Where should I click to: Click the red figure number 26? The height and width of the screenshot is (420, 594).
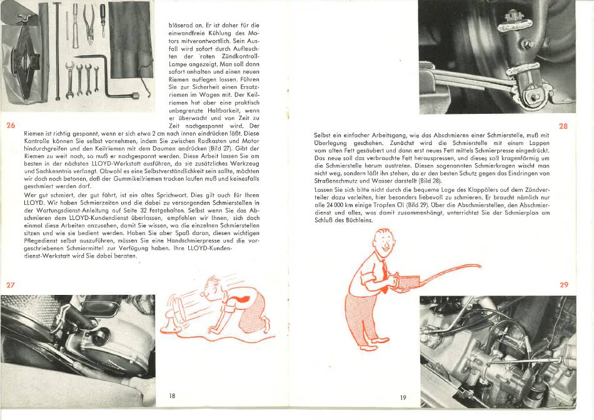[x=11, y=126]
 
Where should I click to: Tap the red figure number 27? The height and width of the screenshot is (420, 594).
[x=11, y=285]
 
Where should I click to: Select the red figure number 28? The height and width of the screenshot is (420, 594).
[x=564, y=126]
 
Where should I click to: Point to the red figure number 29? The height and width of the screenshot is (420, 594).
[x=564, y=285]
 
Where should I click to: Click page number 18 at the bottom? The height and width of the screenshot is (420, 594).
[x=172, y=396]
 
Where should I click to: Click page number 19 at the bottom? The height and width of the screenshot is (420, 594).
[x=403, y=397]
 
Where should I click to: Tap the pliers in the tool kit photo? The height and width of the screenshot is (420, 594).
[x=89, y=24]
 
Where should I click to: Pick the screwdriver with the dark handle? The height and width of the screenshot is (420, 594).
[x=103, y=20]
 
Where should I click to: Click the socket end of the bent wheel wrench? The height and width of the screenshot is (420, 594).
[x=134, y=96]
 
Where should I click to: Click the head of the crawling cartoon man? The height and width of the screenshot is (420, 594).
[x=211, y=287]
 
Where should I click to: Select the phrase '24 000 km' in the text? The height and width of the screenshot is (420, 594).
[x=336, y=205]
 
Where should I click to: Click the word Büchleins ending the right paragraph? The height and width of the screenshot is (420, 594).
[x=360, y=220]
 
